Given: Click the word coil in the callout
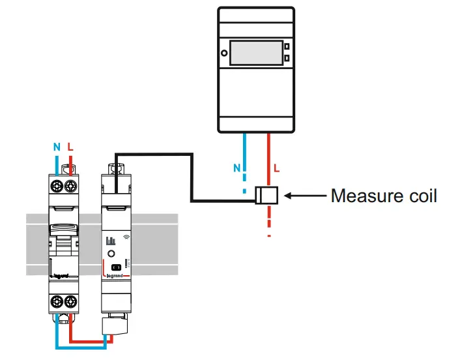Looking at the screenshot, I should (x=421, y=195).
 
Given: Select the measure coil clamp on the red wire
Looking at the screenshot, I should (x=267, y=194).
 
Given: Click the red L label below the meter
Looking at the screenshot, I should (x=277, y=168).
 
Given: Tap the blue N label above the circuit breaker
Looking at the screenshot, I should (x=56, y=147).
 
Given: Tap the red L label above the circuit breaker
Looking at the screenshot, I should (x=70, y=147).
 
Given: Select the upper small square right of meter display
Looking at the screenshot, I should (x=287, y=47).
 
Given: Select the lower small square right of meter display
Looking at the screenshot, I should (x=287, y=59).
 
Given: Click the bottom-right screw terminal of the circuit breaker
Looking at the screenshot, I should (x=70, y=301).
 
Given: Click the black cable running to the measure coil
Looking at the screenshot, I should (x=192, y=176).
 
